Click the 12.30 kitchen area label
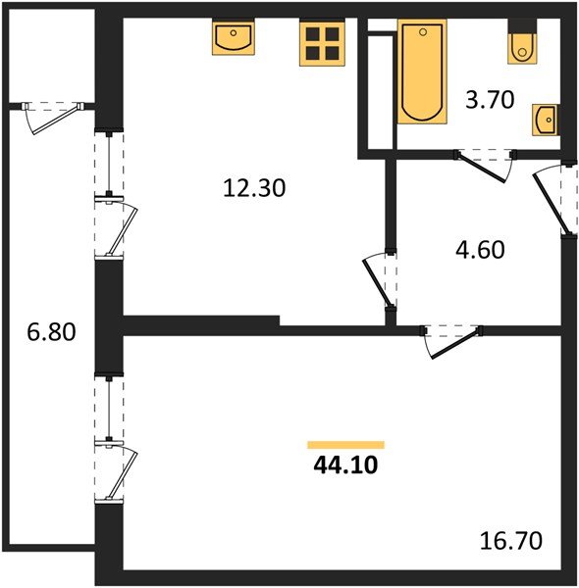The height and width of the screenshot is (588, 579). (x=253, y=187)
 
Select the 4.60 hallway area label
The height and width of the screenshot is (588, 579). (x=481, y=250)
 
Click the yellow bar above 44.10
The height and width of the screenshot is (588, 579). (x=345, y=445)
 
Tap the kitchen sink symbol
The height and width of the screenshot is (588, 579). (x=234, y=39)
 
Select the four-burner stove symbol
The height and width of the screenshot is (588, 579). (x=322, y=43)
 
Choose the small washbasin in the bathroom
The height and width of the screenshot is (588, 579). (x=544, y=122)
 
